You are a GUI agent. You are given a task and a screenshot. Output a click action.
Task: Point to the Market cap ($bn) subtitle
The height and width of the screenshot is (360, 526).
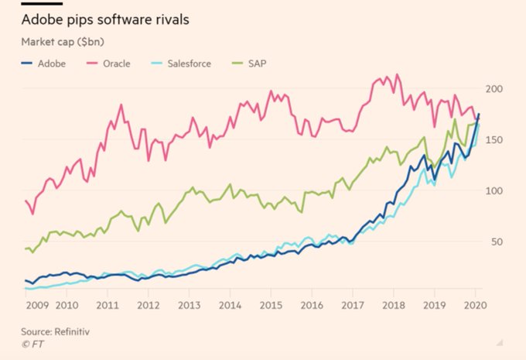58,40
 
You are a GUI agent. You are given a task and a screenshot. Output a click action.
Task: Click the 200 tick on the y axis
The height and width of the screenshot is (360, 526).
495,89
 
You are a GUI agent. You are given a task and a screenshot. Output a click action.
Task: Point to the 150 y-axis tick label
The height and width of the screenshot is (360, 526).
495,140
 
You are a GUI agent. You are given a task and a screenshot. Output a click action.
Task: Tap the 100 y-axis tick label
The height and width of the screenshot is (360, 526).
495,191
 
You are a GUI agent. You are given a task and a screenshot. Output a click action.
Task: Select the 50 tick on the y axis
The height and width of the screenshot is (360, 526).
498,242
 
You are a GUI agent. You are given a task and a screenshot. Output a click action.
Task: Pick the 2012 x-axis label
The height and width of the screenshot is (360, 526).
149,305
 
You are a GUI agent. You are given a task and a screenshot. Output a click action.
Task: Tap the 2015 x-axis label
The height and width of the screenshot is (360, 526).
271,305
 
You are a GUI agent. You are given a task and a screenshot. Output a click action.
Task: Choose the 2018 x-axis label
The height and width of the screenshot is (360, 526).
393,305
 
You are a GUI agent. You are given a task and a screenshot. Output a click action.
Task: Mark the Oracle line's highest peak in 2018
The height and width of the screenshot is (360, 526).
398,74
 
